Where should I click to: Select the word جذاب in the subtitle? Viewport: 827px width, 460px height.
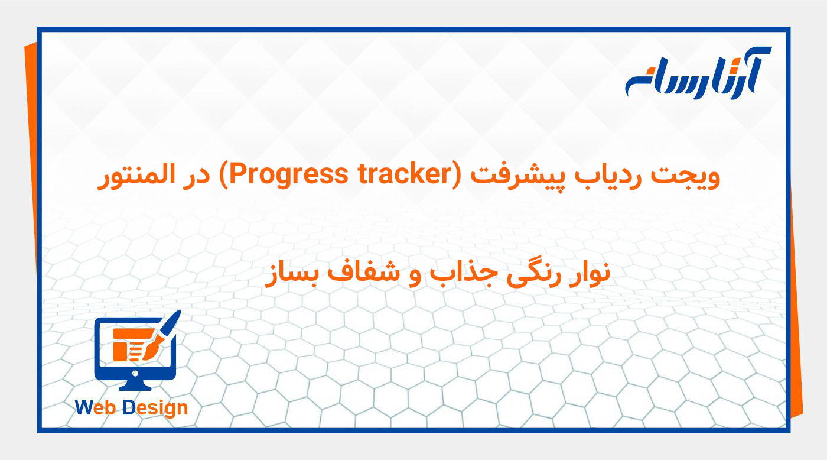click(461, 276)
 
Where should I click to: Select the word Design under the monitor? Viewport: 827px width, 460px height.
click(155, 407)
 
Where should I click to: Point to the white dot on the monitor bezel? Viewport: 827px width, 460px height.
click(135, 373)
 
